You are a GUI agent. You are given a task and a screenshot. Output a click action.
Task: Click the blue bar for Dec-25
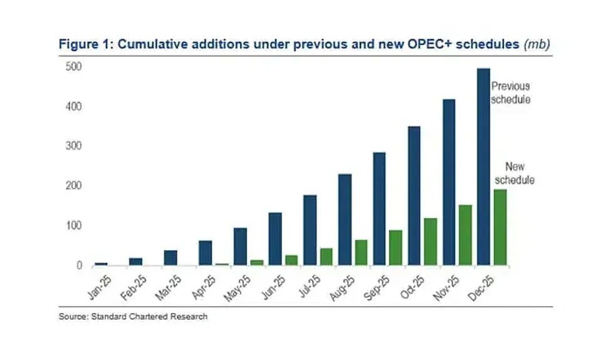[483, 167]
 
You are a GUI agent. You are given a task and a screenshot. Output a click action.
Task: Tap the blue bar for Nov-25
[449, 182]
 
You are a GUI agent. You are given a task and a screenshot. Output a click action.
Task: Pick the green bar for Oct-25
[430, 241]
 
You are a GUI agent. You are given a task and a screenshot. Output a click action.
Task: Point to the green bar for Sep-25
[395, 247]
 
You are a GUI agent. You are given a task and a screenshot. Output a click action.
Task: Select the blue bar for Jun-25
[275, 239]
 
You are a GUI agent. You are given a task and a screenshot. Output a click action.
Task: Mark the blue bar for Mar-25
[170, 258]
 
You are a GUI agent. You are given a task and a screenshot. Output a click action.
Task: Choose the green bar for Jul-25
[326, 257]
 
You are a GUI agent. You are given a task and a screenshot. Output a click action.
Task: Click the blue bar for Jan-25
[101, 263]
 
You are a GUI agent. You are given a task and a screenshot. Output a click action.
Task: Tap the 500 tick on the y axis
[74, 67]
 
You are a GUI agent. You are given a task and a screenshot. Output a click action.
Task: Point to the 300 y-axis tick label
[74, 146]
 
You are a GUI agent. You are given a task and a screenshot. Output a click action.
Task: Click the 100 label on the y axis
[74, 226]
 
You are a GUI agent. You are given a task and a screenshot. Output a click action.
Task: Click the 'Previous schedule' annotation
[511, 93]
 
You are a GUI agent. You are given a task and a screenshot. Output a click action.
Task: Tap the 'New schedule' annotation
[516, 173]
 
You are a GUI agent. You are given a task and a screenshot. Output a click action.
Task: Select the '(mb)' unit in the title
[538, 45]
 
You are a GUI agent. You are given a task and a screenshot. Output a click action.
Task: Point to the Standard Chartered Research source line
[133, 317]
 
